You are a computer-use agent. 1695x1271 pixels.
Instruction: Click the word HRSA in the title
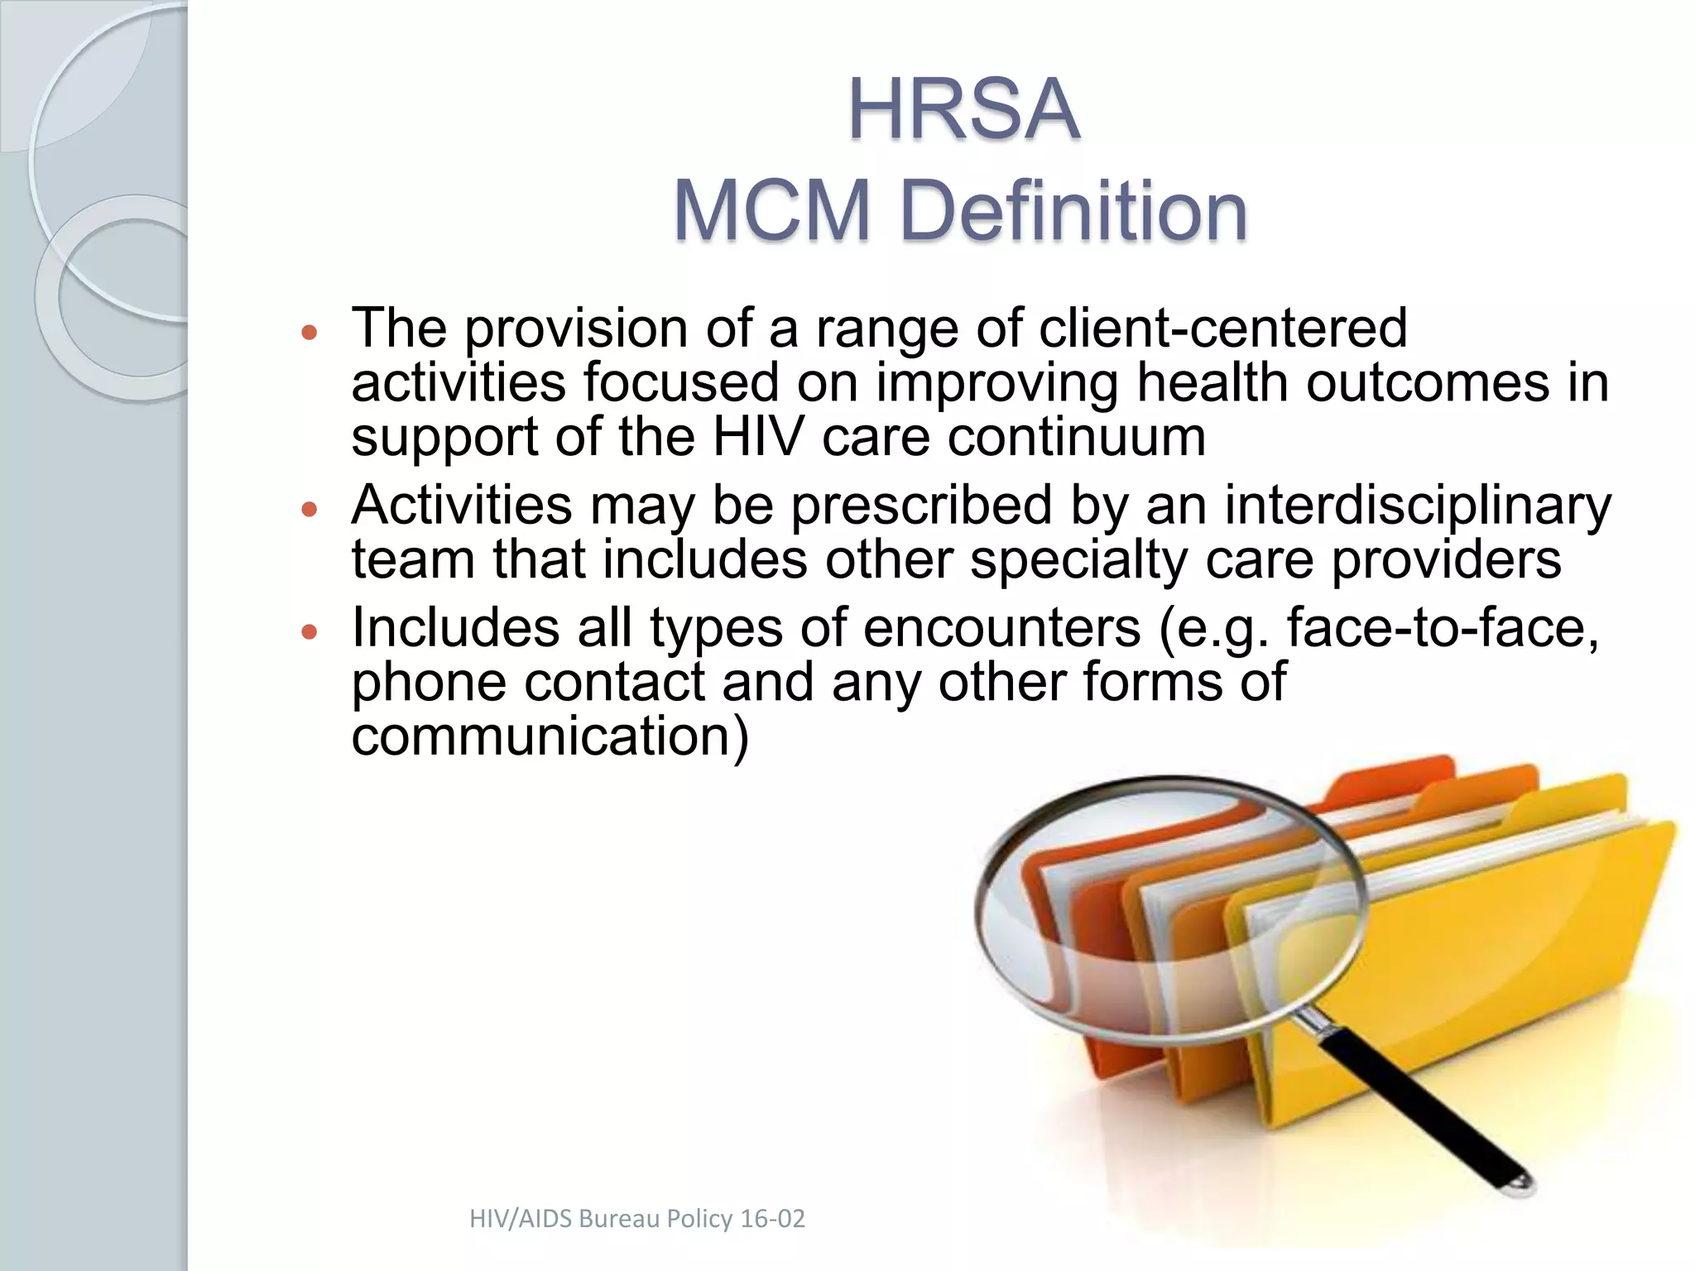[963, 110]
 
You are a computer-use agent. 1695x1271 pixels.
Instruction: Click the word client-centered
[1222, 328]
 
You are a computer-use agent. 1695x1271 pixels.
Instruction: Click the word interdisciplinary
[1417, 505]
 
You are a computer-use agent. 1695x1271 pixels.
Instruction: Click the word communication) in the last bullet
[550, 736]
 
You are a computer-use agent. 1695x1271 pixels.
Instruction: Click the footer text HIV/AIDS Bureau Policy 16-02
[636, 1218]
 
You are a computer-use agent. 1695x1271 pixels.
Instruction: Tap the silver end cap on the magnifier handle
[1519, 1183]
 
